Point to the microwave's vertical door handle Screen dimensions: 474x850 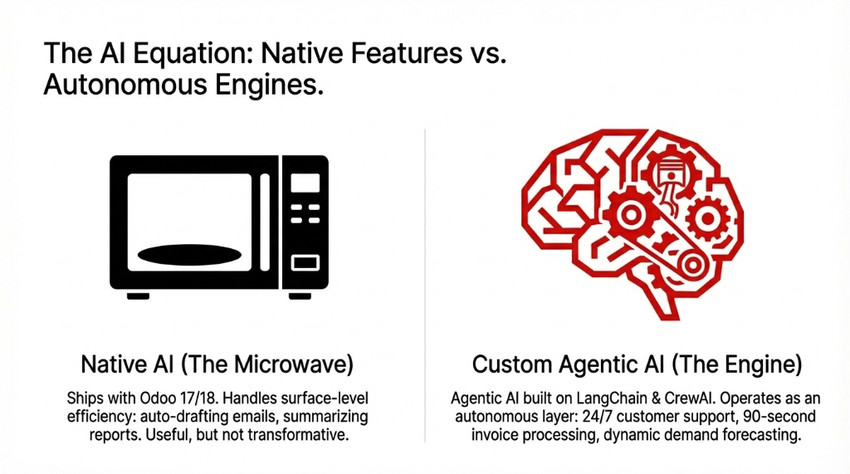[x=266, y=222]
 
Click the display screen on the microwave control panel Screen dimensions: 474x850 [x=305, y=182]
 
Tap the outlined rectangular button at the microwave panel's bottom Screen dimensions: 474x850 [x=305, y=263]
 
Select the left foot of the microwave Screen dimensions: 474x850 [x=137, y=296]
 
